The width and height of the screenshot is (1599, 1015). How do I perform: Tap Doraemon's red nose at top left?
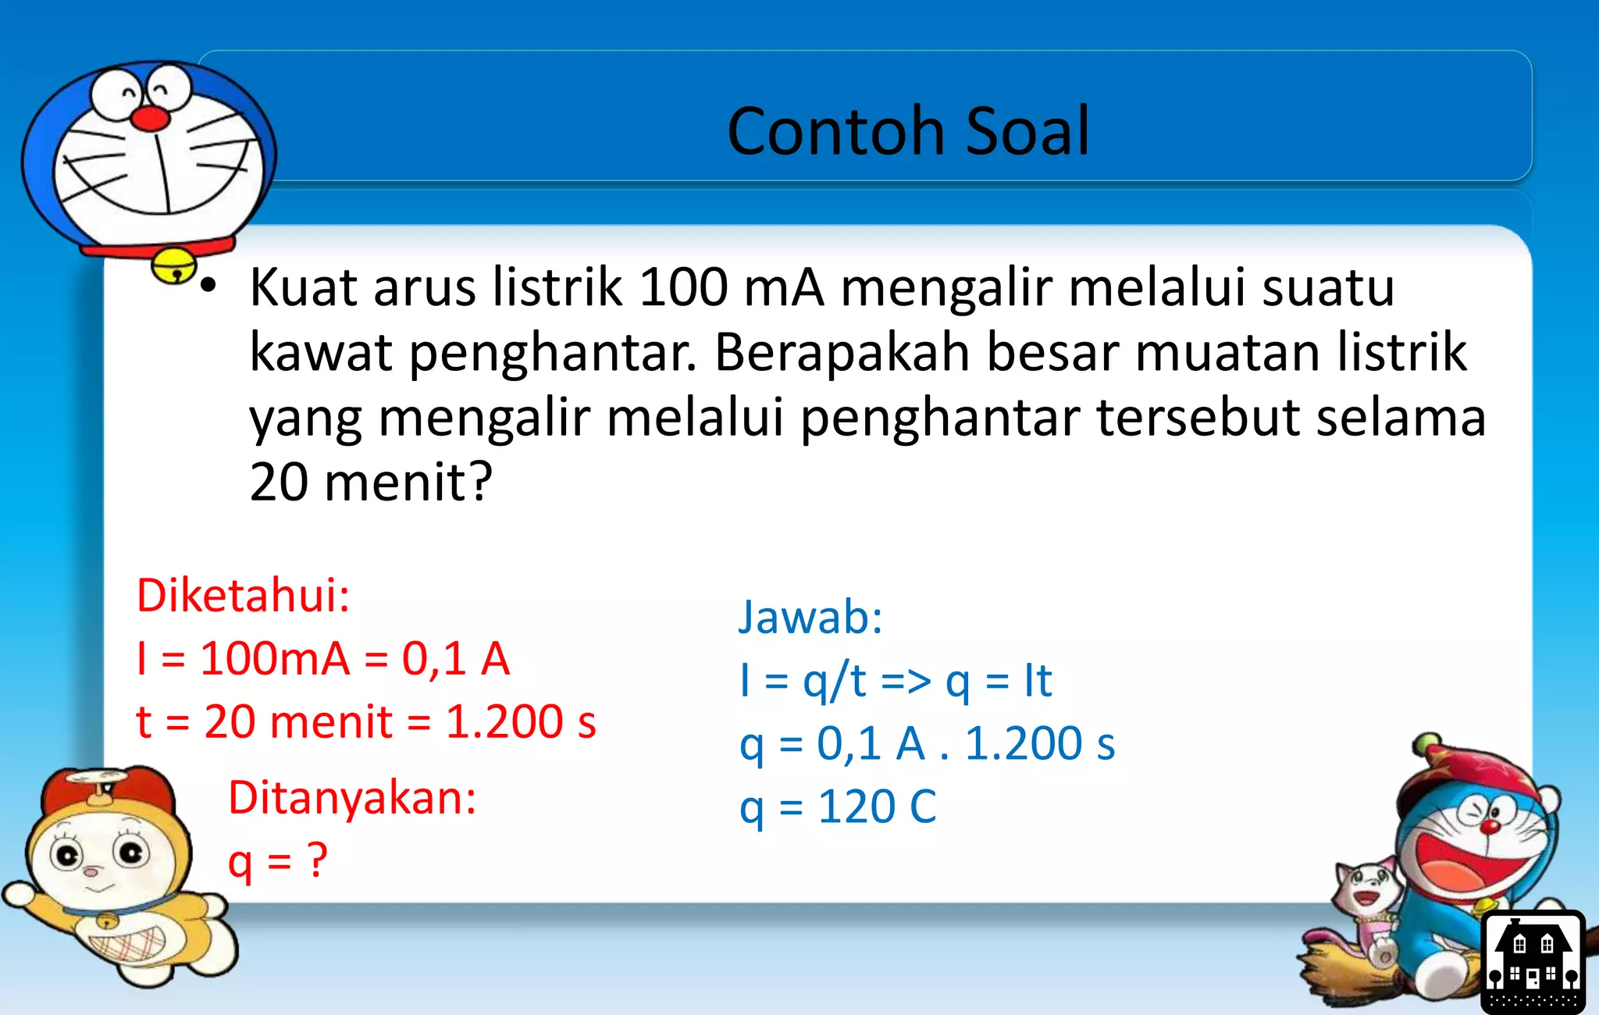point(149,118)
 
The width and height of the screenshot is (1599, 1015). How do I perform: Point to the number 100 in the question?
point(683,287)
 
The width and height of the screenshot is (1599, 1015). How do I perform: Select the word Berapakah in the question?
point(842,352)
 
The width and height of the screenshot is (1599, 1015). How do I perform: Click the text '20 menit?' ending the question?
point(371,482)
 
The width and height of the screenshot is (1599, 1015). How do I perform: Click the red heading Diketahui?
point(243,595)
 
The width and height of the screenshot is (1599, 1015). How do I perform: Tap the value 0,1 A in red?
point(455,658)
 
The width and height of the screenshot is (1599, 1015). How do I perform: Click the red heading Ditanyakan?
point(352,798)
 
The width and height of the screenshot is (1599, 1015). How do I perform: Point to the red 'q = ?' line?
point(277,862)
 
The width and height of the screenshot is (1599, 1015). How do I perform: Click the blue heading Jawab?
point(810,617)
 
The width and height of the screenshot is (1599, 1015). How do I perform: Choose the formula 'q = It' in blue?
point(999,681)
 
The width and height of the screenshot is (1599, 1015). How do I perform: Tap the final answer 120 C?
point(877,807)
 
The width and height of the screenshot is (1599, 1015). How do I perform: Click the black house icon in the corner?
point(1532,961)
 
